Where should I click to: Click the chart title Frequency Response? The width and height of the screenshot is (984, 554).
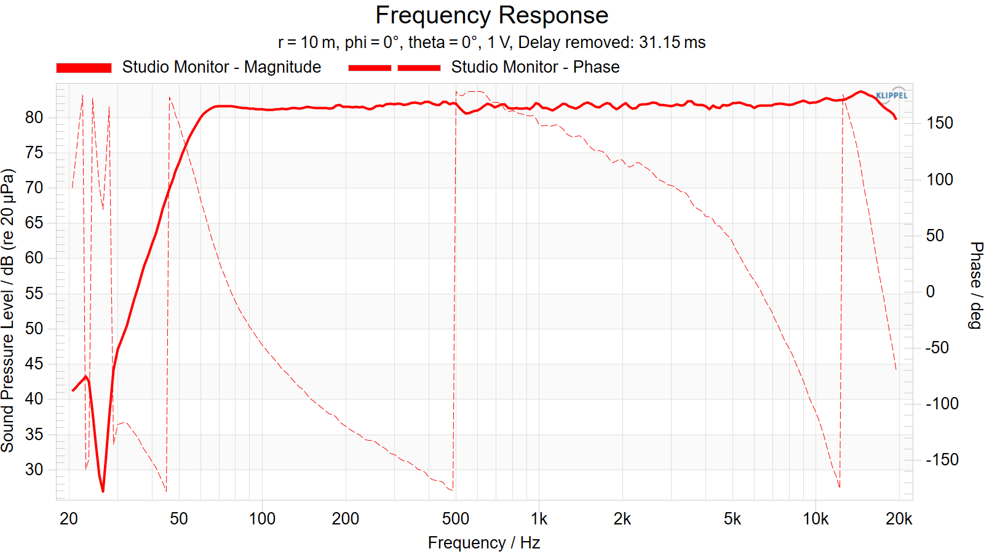click(491, 15)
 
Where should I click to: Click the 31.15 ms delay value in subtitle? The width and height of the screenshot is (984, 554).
click(672, 42)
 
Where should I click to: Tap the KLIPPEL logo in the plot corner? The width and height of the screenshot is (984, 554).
click(891, 95)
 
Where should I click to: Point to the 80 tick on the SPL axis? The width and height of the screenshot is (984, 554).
click(34, 118)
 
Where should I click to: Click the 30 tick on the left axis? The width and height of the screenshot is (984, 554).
click(34, 470)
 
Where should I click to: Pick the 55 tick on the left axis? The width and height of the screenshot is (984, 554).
click(34, 294)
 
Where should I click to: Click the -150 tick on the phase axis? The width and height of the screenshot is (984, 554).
click(942, 459)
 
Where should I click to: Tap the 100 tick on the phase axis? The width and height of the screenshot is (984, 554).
click(940, 179)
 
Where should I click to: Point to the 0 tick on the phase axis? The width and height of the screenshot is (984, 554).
click(930, 292)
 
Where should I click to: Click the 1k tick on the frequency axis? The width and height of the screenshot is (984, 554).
click(539, 520)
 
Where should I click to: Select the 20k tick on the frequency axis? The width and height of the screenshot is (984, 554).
click(899, 520)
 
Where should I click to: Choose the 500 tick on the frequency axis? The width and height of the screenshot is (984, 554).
click(456, 520)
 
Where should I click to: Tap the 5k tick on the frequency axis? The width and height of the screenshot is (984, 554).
click(732, 520)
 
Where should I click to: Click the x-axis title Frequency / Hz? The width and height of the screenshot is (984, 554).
click(484, 543)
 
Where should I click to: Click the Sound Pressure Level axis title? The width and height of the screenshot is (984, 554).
click(8, 310)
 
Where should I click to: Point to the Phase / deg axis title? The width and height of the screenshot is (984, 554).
click(975, 285)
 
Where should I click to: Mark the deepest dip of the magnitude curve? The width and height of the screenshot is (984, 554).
click(103, 491)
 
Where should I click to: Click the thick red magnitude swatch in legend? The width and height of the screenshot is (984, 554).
click(84, 68)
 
